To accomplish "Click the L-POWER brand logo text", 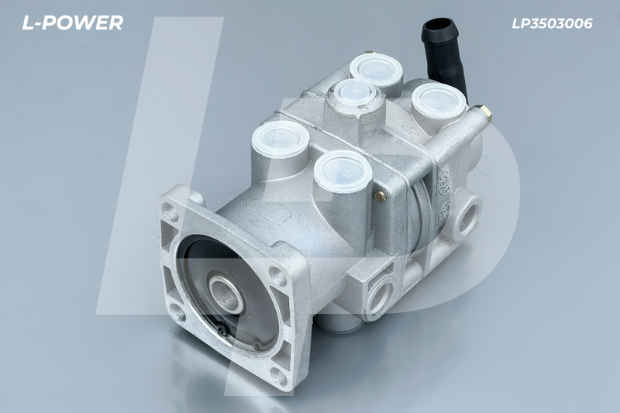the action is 72,23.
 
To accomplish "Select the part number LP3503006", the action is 552,23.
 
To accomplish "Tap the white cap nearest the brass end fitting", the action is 439,100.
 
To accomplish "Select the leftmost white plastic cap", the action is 281,139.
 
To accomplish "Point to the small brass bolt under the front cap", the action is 381,196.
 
